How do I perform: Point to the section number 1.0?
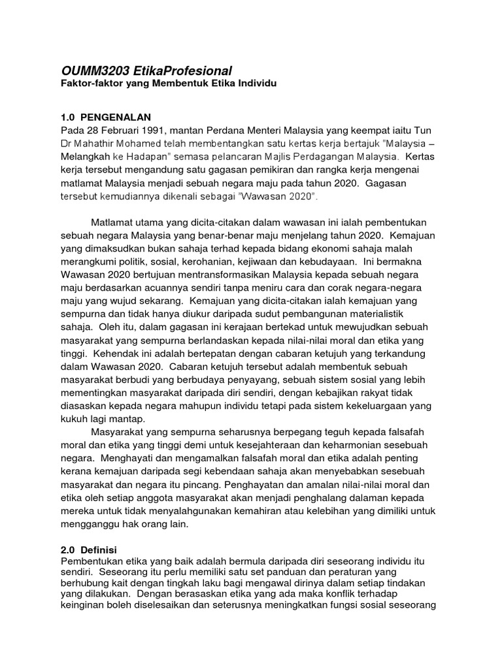[x=68, y=116]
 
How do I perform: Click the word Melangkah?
[x=86, y=157]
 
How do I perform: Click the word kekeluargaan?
[x=356, y=405]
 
